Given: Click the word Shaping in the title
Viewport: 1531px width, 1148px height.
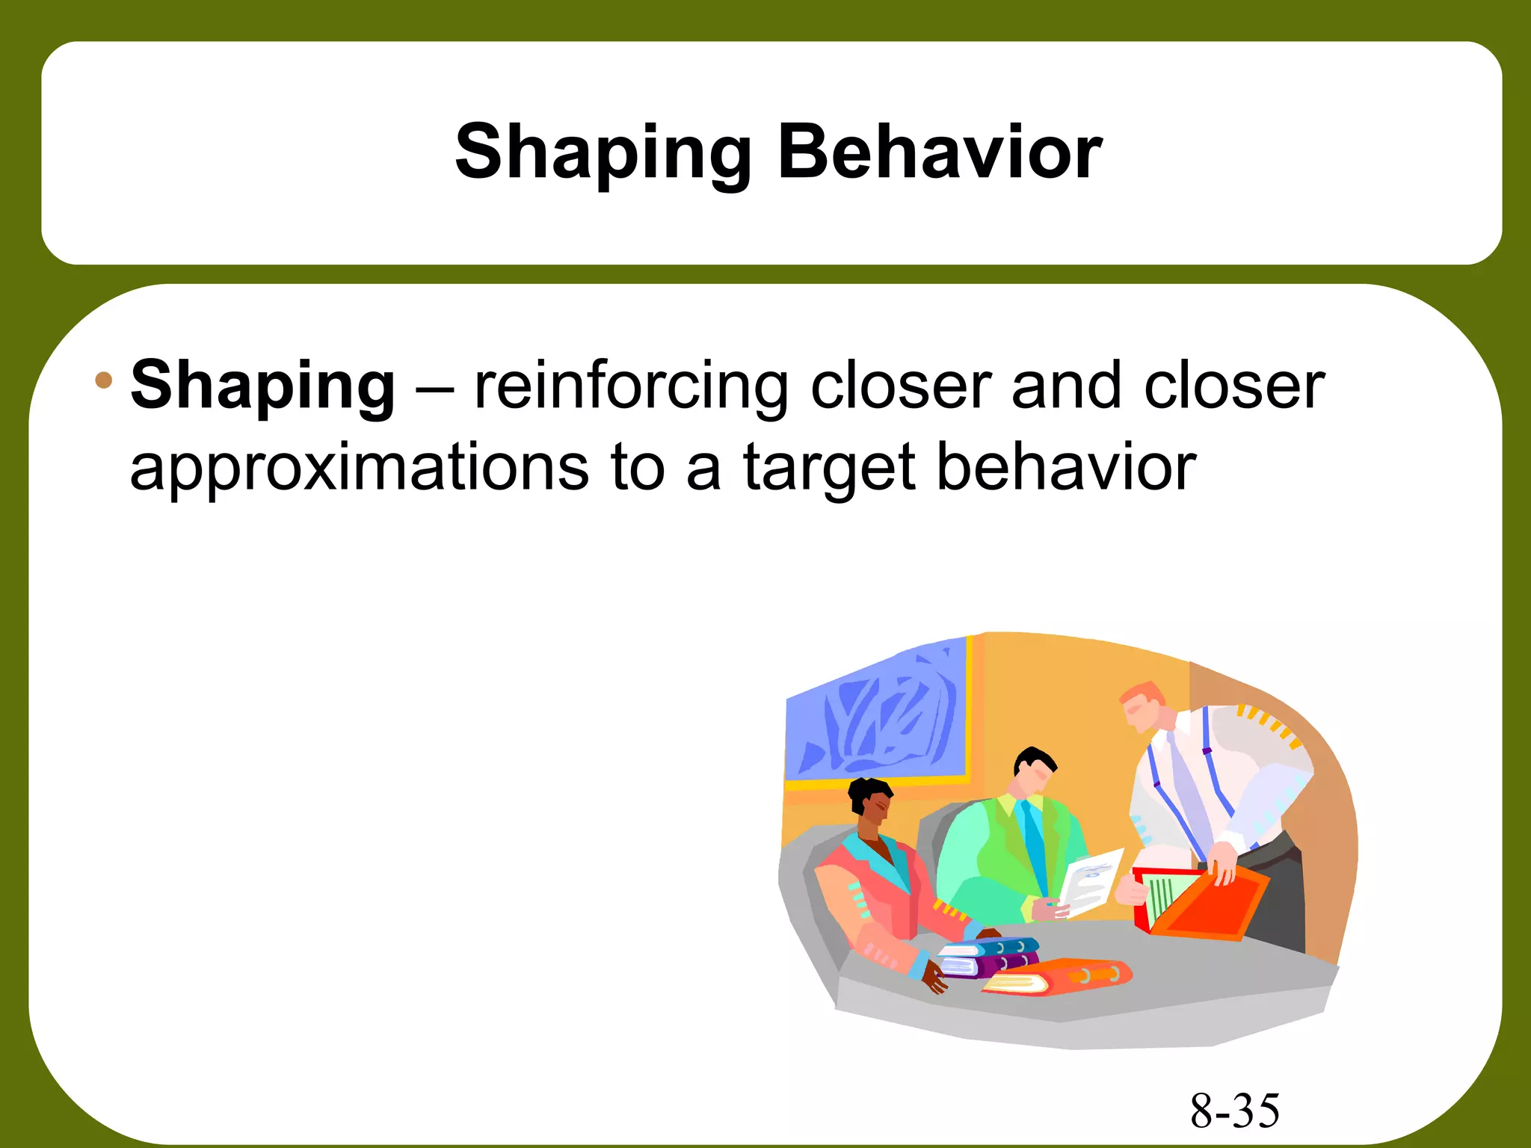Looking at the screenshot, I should point(603,154).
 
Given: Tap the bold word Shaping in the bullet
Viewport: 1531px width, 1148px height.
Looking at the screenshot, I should point(262,387).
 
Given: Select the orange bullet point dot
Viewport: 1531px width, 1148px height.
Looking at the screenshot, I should point(103,380).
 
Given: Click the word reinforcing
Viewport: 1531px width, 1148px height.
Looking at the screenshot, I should point(631,387).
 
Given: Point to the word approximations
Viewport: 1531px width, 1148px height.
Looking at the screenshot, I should point(359,468).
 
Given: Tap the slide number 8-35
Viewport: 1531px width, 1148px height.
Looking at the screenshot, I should point(1234,1111).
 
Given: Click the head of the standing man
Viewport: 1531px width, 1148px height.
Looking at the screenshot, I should point(1145,706).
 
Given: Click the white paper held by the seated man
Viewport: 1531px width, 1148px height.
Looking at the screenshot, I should point(1091,882).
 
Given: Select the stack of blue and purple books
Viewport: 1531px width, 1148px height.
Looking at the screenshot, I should point(987,957).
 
